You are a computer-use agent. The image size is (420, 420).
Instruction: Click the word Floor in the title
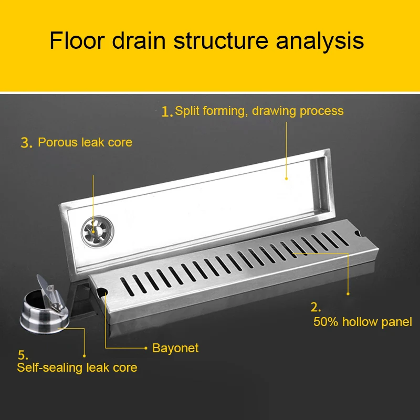pos(77,41)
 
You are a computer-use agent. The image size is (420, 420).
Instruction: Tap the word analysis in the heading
pos(320,41)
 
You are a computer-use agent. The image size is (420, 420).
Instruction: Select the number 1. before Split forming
pos(166,111)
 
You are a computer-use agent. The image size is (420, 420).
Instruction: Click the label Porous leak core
pos(85,142)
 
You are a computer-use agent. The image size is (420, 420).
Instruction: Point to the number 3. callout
pos(26,143)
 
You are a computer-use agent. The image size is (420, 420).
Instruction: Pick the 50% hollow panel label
pos(362,322)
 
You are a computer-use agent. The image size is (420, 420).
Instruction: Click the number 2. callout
pos(316,307)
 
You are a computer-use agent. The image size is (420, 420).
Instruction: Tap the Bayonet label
pos(175,348)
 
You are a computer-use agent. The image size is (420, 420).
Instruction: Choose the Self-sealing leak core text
pos(77,367)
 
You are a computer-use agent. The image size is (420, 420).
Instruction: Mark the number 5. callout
pos(23,355)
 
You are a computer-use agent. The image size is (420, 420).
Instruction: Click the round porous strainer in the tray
pos(98,232)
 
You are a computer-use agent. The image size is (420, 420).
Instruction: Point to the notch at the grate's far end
pos(358,234)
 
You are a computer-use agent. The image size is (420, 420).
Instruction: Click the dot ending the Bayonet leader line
pos(146,348)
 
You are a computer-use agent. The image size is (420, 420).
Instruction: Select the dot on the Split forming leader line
pos(286,178)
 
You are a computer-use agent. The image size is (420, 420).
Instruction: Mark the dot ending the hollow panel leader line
pos(348,294)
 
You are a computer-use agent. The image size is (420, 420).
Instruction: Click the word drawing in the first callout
pos(274,111)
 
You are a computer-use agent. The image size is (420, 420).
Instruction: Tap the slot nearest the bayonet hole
pos(127,286)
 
